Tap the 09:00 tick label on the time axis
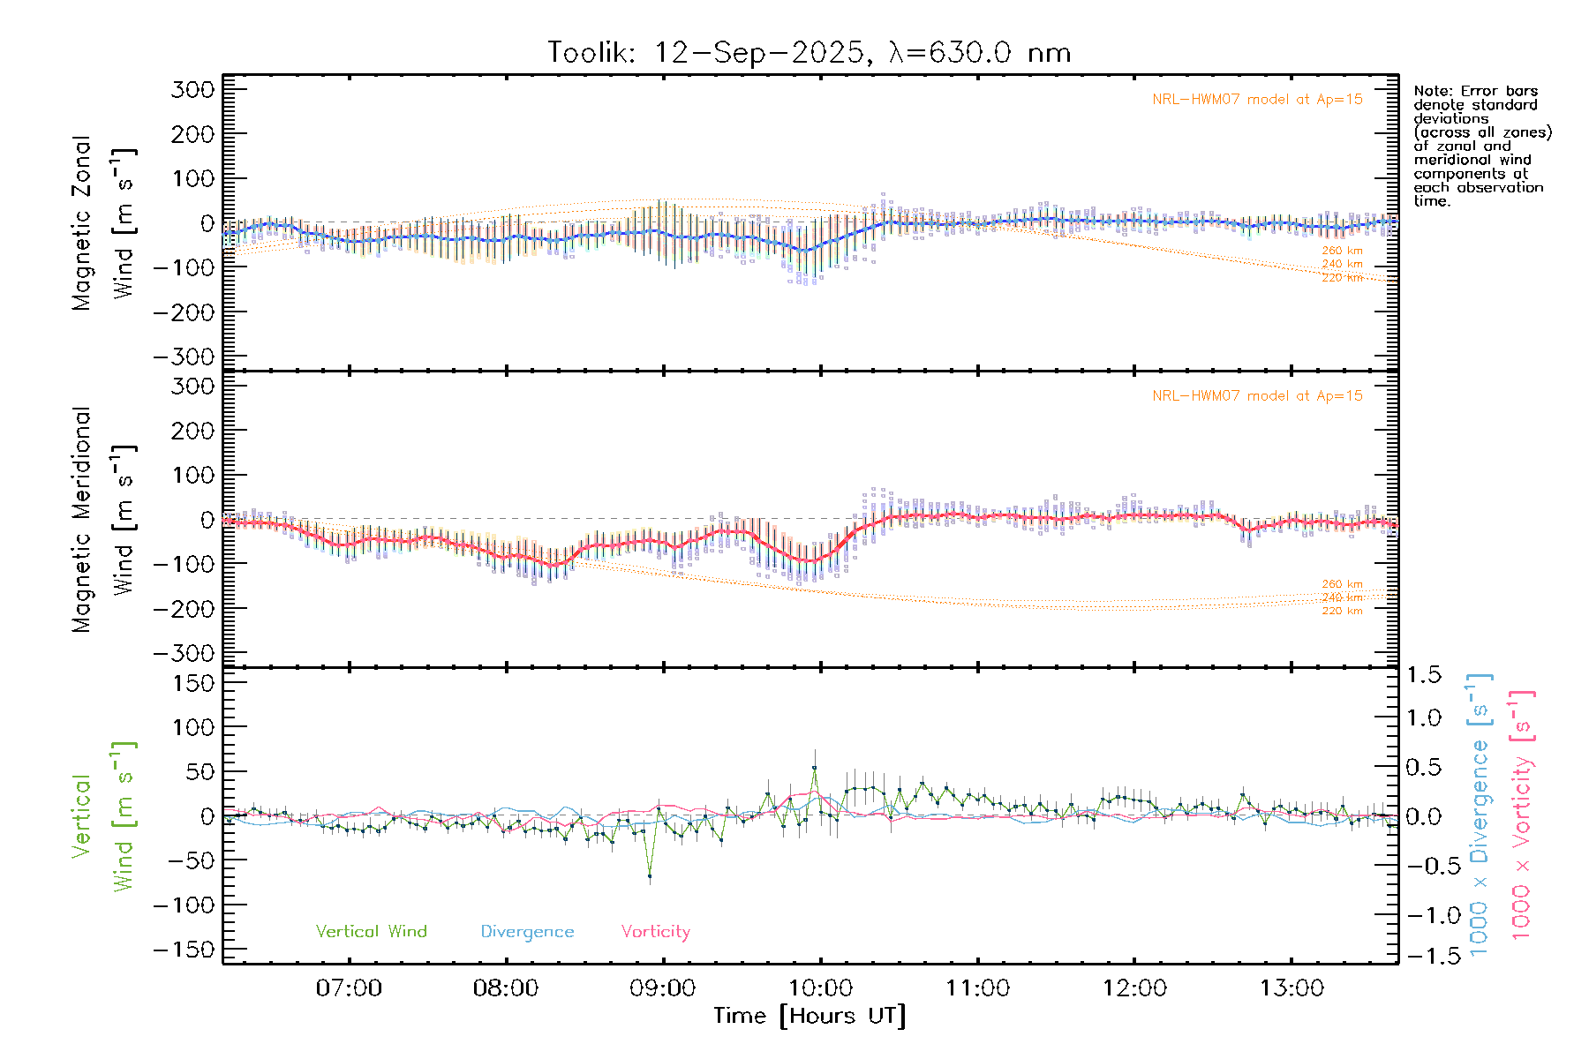[x=662, y=988]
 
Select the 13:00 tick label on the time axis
[x=1291, y=988]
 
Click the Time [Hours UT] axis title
[x=809, y=1016]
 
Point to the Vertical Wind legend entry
[x=371, y=932]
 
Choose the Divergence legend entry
[x=527, y=932]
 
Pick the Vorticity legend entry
[x=655, y=932]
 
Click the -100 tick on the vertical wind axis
[x=185, y=905]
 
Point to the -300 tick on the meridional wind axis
[x=185, y=654]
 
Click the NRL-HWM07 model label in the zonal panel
[x=1257, y=100]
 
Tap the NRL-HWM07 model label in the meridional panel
[x=1257, y=396]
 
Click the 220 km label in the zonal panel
[x=1342, y=278]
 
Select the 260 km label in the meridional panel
[x=1342, y=584]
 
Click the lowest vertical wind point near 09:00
[x=650, y=876]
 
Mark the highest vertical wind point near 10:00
[x=814, y=769]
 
